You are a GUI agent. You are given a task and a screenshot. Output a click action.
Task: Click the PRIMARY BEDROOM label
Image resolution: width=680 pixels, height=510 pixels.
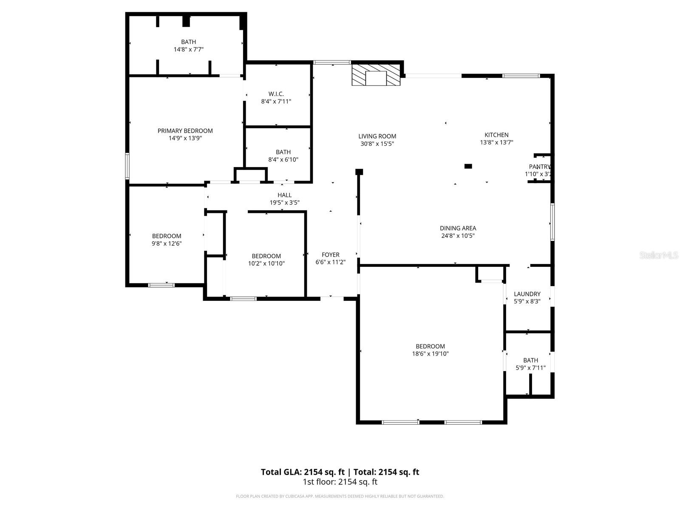[185, 131]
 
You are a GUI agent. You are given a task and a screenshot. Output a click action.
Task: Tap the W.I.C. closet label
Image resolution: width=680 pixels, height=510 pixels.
[276, 94]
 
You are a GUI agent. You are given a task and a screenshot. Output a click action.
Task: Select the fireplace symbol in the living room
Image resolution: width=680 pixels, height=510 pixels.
[376, 75]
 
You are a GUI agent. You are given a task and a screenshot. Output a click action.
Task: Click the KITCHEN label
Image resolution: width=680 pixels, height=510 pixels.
[496, 135]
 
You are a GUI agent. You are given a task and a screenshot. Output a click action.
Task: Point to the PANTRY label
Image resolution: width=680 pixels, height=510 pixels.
[539, 167]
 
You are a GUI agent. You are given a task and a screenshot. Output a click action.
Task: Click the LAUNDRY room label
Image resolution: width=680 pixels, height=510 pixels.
[527, 294]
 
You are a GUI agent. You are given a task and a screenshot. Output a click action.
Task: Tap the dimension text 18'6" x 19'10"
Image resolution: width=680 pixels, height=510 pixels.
[430, 354]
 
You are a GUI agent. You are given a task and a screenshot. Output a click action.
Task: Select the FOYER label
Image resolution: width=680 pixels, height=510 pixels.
[330, 255]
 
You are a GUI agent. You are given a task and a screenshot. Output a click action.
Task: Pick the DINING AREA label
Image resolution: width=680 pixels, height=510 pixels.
[458, 228]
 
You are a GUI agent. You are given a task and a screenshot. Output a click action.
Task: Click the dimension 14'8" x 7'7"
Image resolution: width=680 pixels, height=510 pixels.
[188, 49]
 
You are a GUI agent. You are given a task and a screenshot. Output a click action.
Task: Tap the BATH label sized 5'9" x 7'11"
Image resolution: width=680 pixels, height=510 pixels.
[530, 360]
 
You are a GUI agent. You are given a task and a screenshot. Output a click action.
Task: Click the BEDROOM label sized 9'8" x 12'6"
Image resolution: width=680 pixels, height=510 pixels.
[167, 236]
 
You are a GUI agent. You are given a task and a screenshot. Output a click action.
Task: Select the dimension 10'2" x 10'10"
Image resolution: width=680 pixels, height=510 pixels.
[266, 263]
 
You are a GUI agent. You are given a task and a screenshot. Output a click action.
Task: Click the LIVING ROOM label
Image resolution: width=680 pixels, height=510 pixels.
[377, 136]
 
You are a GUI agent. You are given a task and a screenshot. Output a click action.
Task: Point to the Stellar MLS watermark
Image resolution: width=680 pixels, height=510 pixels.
[658, 255]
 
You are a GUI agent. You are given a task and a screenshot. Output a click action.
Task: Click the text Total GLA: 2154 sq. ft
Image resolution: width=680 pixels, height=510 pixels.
[303, 472]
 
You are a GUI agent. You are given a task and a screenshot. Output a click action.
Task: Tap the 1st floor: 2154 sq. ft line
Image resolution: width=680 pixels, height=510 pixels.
[340, 482]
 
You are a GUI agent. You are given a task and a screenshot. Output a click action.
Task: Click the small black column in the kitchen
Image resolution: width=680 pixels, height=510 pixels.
[468, 166]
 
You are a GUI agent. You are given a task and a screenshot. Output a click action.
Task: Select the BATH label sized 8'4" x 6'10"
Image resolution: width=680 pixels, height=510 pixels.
[283, 152]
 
